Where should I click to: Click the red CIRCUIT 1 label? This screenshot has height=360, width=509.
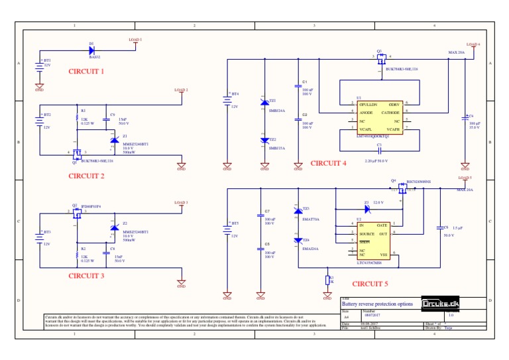tap(86, 71)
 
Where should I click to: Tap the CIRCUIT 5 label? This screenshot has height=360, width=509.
tap(370, 284)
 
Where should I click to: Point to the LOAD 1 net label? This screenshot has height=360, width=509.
tap(135, 40)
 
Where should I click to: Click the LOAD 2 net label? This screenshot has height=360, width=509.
tap(181, 90)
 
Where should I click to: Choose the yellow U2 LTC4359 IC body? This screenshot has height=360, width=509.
tap(373, 239)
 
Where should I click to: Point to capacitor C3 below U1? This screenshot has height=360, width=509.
tap(379, 149)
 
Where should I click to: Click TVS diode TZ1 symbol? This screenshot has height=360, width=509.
tap(264, 103)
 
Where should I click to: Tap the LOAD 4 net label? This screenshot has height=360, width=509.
tap(473, 44)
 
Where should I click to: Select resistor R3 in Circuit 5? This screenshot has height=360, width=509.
tap(327, 279)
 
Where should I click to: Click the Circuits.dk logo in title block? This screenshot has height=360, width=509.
tap(440, 304)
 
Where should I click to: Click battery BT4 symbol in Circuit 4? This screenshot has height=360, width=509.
tap(227, 100)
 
